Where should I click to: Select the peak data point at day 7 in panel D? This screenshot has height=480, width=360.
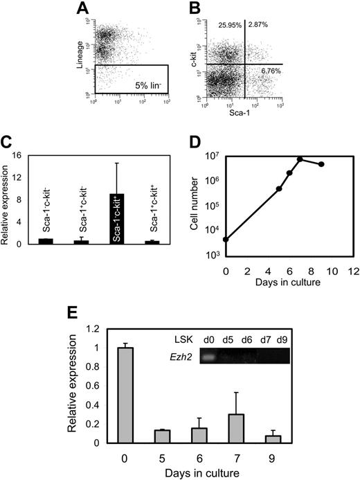coord(300,159)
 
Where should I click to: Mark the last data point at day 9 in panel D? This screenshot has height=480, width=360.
coord(321,164)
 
